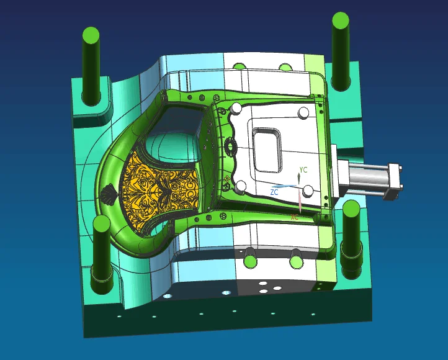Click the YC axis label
pyautogui.click(x=303, y=170)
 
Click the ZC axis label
pyautogui.click(x=274, y=192)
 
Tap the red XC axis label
pyautogui.click(x=294, y=217)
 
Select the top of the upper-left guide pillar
pyautogui.click(x=91, y=35)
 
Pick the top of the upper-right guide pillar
pyautogui.click(x=341, y=20)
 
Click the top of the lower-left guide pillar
pyautogui.click(x=101, y=223)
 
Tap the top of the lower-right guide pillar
pyautogui.click(x=351, y=209)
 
